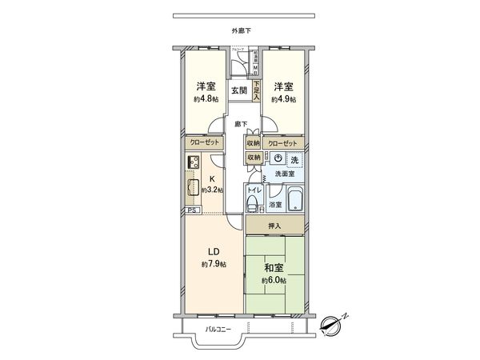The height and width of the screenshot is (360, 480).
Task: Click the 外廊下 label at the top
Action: pos(241,30)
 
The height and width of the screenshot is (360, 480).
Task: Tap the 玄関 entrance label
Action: pos(239,90)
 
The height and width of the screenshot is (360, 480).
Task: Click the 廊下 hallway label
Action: pos(241,124)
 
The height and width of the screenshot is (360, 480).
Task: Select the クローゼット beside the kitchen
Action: pos(205,142)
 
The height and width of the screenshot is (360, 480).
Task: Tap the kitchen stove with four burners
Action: pos(194,162)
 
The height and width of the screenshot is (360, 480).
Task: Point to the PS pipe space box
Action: pos(192,210)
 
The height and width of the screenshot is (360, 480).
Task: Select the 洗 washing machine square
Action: pos(294,159)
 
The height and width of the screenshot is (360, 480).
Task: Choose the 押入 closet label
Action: pos(274,226)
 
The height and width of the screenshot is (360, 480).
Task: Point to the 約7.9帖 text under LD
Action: pos(213,264)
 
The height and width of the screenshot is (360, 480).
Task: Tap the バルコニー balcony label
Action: pos(217,329)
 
